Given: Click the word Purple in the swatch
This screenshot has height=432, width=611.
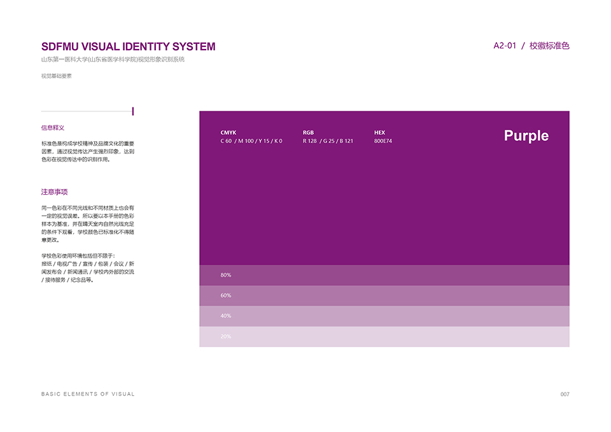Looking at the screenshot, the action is pyautogui.click(x=526, y=136).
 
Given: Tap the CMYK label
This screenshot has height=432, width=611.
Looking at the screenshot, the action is pyautogui.click(x=228, y=132).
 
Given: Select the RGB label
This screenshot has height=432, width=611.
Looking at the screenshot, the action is pyautogui.click(x=308, y=132).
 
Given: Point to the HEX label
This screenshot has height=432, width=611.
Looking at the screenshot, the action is pyautogui.click(x=379, y=132).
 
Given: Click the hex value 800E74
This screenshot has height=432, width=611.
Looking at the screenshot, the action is pyautogui.click(x=383, y=141).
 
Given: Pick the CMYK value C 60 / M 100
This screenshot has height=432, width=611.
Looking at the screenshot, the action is pyautogui.click(x=237, y=141).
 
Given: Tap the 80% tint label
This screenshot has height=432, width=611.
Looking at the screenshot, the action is pyautogui.click(x=225, y=275).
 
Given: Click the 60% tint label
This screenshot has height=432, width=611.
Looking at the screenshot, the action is pyautogui.click(x=225, y=295).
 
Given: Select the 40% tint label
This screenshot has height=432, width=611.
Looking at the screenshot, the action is pyautogui.click(x=225, y=316).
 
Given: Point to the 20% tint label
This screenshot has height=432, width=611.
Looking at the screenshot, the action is pyautogui.click(x=225, y=336).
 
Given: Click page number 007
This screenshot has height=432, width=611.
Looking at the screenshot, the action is pyautogui.click(x=565, y=394).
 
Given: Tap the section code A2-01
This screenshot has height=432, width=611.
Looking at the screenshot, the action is pyautogui.click(x=505, y=46).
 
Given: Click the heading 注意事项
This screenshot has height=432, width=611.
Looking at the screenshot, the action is pyautogui.click(x=55, y=192).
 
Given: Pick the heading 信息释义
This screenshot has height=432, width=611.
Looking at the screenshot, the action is pyautogui.click(x=53, y=128).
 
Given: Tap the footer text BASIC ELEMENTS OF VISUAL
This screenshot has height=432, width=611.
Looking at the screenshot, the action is pyautogui.click(x=88, y=394).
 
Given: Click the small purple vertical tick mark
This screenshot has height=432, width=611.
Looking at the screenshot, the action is pyautogui.click(x=133, y=111).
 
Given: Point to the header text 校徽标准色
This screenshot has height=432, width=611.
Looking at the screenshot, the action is pyautogui.click(x=549, y=46).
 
